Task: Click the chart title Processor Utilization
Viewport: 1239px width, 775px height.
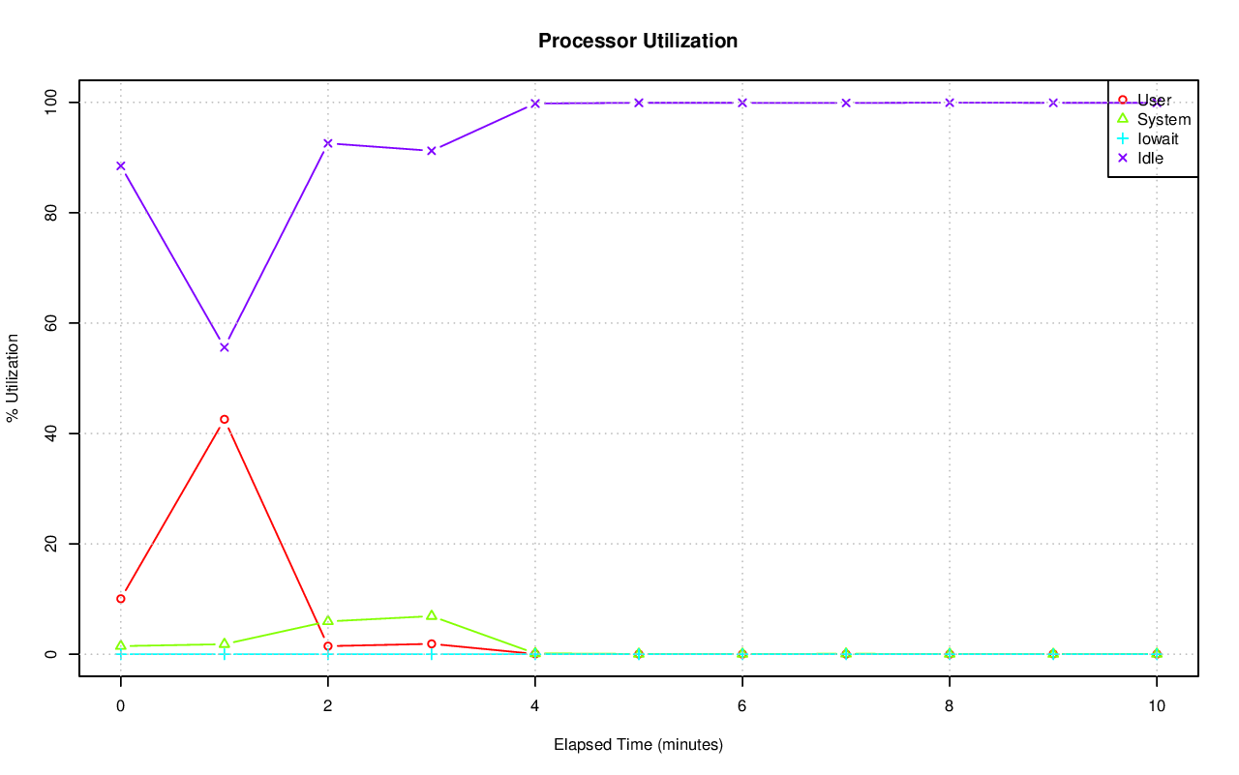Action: [638, 42]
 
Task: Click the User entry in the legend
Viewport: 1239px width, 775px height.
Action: [1154, 100]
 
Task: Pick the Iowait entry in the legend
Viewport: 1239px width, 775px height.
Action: [1158, 138]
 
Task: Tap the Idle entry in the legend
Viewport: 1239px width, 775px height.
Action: [1150, 158]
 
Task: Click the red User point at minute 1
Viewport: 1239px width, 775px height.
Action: [225, 420]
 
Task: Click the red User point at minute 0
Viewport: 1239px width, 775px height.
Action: [121, 599]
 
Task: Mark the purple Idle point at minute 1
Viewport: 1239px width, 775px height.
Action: [225, 347]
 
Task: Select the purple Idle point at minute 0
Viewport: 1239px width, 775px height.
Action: [121, 165]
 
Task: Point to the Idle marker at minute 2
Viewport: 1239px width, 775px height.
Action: [328, 143]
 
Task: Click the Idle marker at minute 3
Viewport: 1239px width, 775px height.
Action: [432, 150]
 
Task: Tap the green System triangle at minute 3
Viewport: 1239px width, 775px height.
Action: [432, 615]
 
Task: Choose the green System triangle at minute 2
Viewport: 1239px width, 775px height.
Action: [328, 620]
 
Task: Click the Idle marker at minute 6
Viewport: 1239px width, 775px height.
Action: [742, 103]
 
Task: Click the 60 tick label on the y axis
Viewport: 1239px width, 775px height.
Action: [51, 323]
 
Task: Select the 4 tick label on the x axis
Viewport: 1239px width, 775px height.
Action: [535, 705]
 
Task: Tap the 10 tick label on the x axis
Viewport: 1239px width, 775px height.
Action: [1157, 705]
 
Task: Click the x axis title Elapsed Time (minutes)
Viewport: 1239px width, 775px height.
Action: [638, 745]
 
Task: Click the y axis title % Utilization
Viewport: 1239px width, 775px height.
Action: [13, 378]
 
